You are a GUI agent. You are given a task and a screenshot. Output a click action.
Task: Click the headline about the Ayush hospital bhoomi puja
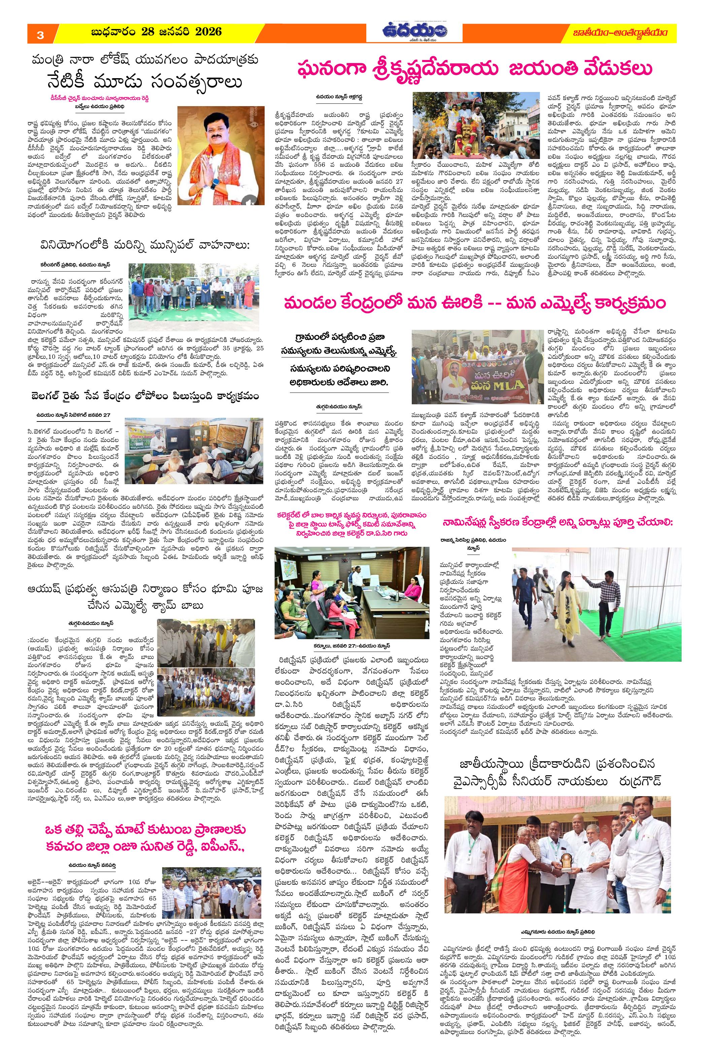click(145, 596)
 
